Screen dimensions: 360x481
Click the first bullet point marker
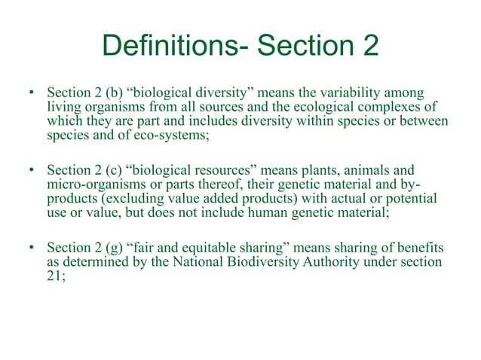pyautogui.click(x=32, y=94)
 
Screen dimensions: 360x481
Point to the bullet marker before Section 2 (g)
pyautogui.click(x=32, y=247)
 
